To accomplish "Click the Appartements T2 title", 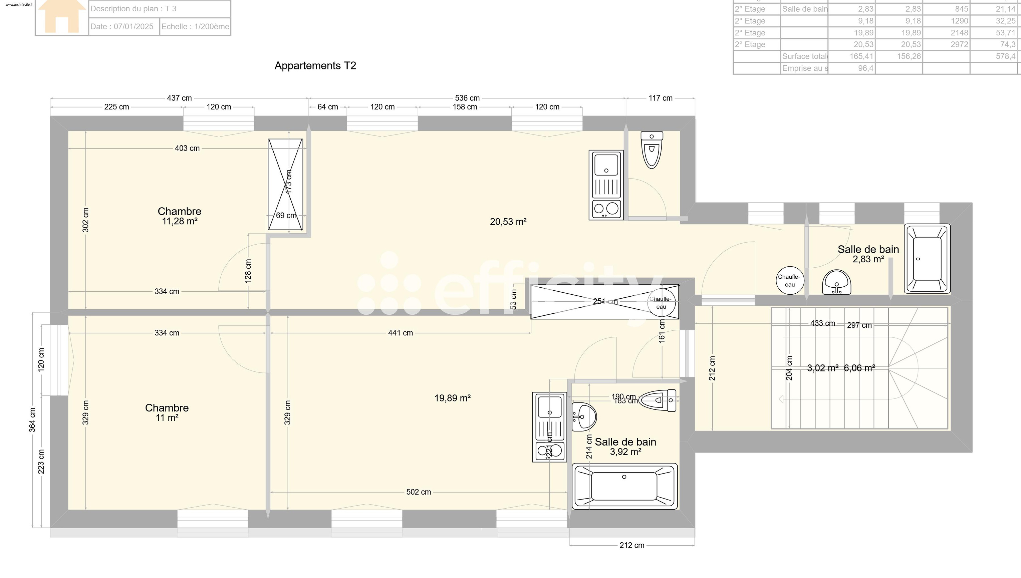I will (x=315, y=65).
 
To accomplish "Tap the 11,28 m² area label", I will (x=180, y=222).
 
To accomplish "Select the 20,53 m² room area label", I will (x=508, y=222).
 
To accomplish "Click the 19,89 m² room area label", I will (x=453, y=398).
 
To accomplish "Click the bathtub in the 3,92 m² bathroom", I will (x=624, y=486).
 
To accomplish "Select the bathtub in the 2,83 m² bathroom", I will (x=927, y=259).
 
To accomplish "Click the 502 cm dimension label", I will (x=419, y=492).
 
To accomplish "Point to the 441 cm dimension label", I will (x=400, y=333).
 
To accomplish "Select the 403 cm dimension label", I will (x=187, y=149).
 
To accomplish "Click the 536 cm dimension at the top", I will (x=467, y=98).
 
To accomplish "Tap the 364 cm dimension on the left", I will (x=32, y=420).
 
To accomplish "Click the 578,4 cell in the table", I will (x=1005, y=56).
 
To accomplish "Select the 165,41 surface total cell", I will (x=861, y=56).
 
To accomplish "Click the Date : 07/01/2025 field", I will (x=122, y=27).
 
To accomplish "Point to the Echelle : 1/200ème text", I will (x=195, y=27).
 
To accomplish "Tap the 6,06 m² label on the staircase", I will (x=859, y=368).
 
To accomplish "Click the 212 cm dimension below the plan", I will (x=631, y=545).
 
